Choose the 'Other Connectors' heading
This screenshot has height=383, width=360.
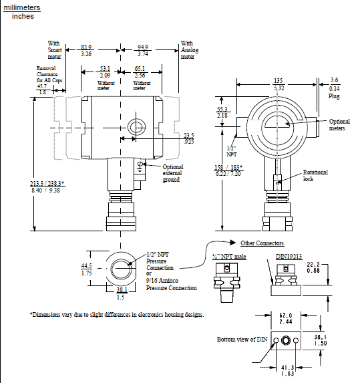click(262, 243)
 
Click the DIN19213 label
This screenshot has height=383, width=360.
click(289, 255)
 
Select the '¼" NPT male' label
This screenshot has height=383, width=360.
click(230, 255)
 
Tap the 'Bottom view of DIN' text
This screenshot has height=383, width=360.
click(241, 340)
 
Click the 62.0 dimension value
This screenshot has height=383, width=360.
click(285, 313)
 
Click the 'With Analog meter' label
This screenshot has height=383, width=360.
click(190, 50)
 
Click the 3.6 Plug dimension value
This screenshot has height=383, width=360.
click(334, 81)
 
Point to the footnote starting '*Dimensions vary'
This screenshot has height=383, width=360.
click(117, 314)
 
